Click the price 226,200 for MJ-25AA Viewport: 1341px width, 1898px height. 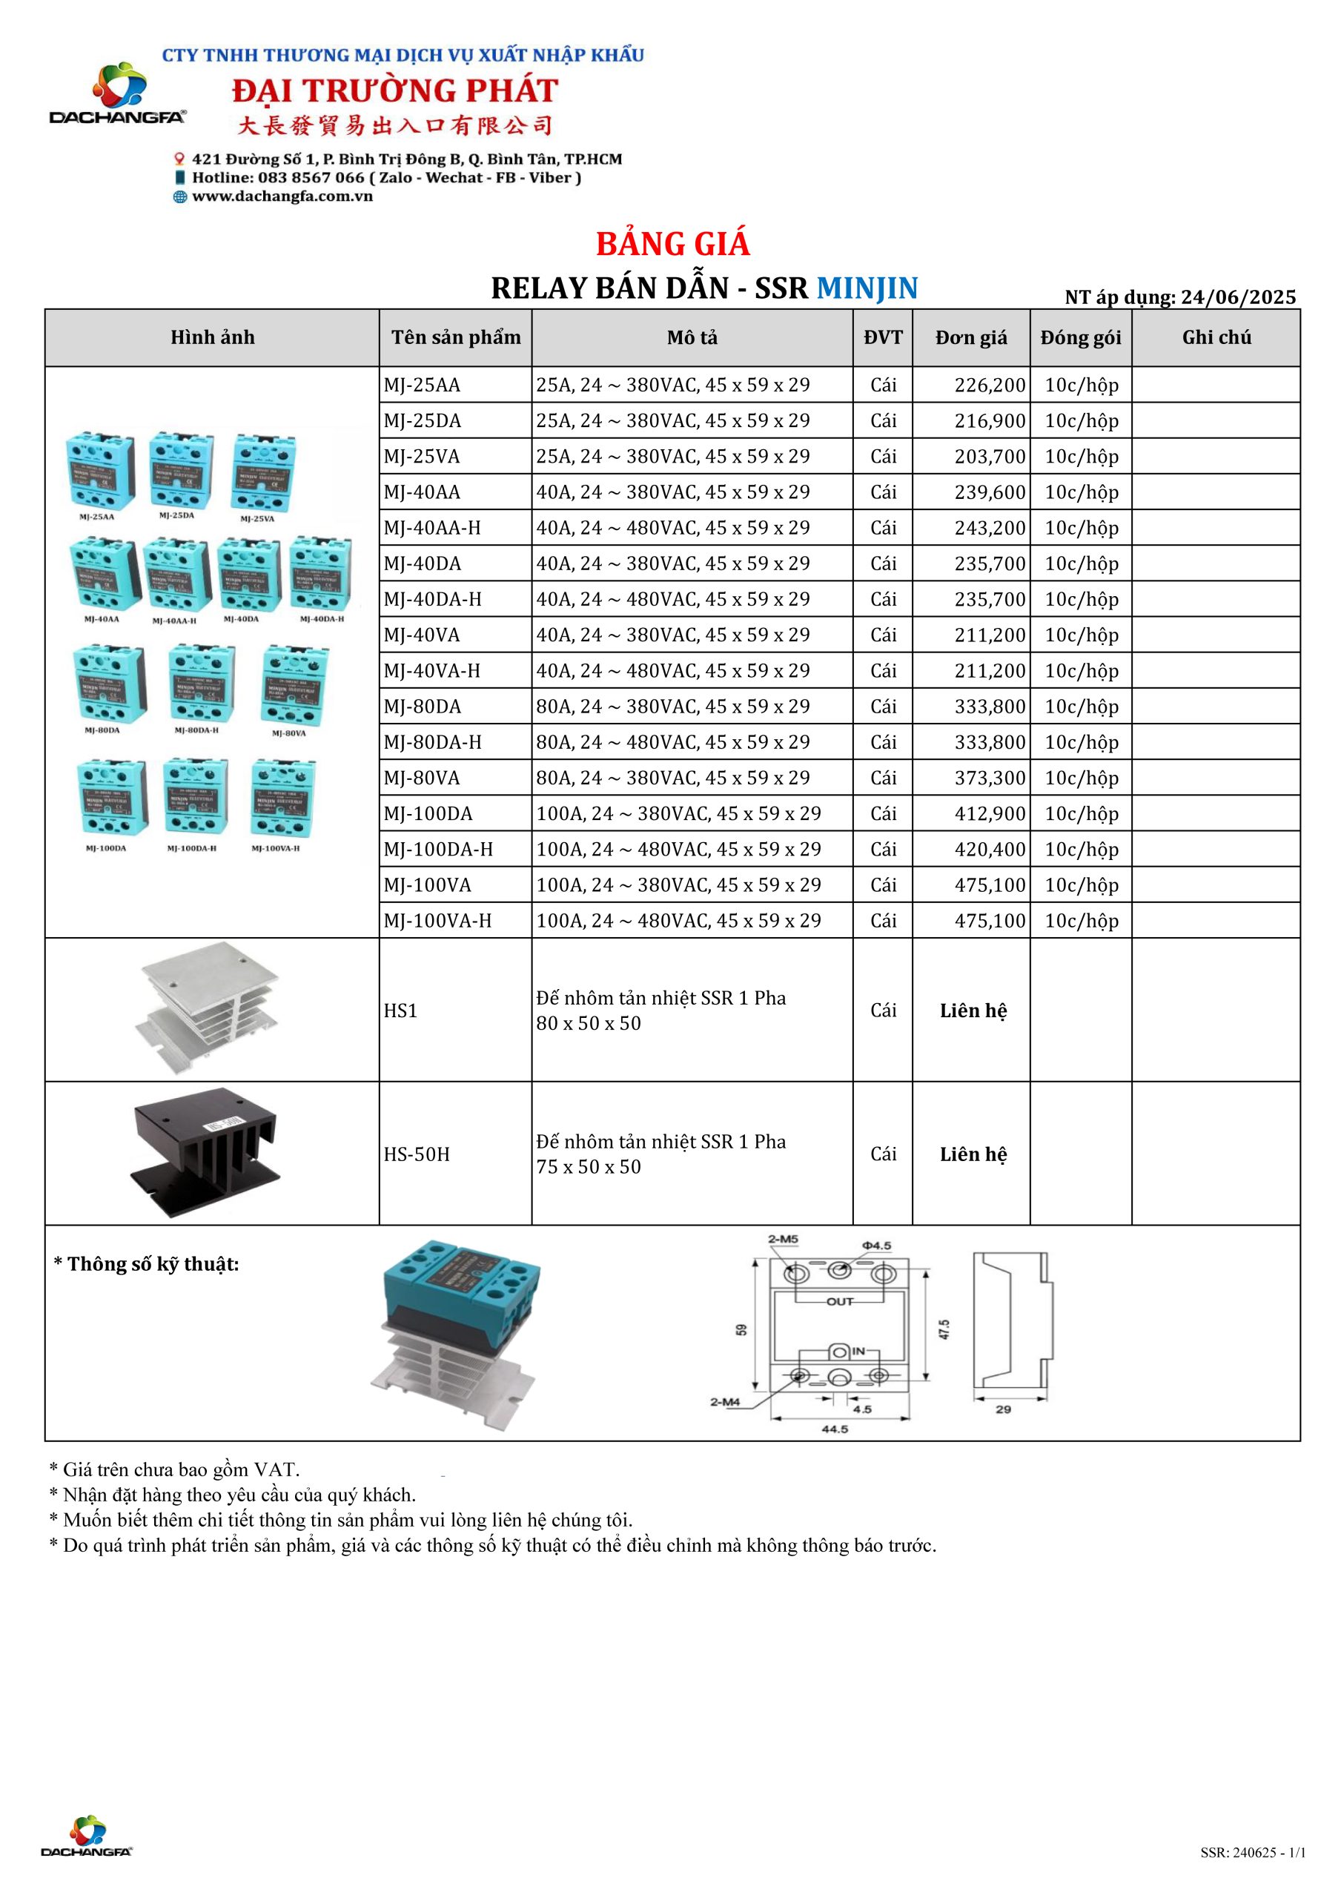989,386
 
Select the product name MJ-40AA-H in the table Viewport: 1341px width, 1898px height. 431,528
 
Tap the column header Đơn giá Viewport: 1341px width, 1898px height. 970,337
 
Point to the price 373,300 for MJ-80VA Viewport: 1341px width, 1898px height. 989,778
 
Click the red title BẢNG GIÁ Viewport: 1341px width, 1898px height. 672,244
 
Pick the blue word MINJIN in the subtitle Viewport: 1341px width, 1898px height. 867,288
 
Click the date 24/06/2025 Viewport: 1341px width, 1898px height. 1238,297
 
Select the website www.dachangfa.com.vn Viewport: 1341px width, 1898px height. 282,196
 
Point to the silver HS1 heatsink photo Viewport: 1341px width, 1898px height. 207,1008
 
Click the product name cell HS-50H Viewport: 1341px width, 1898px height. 417,1154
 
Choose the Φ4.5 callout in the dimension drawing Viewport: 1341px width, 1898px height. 875,1246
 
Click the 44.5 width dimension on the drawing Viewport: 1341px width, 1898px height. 834,1429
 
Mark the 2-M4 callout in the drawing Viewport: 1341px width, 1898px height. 724,1402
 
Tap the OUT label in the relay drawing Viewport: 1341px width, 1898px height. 839,1301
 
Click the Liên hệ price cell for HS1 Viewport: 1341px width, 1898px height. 973,1011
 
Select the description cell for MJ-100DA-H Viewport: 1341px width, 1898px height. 678,850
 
